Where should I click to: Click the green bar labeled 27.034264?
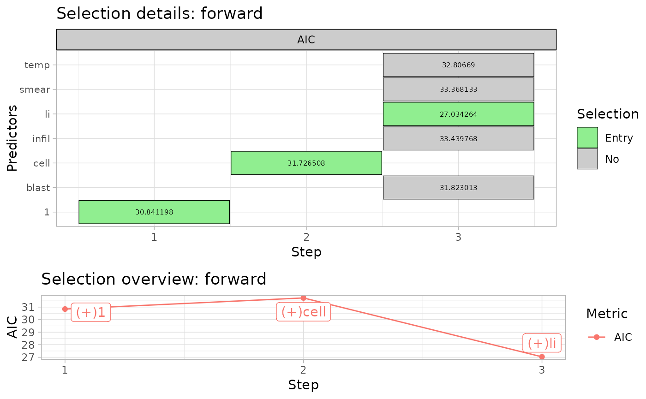(459, 114)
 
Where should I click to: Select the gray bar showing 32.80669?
(459, 65)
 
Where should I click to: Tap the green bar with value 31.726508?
(306, 163)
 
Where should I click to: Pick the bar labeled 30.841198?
(154, 212)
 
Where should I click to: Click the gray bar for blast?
(459, 187)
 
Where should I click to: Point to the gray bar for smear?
(459, 89)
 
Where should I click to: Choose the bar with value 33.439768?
(459, 138)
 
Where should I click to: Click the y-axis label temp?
(37, 65)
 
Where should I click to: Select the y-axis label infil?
(41, 139)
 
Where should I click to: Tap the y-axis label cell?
(42, 163)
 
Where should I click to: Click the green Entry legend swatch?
(587, 137)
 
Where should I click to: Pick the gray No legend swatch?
(587, 159)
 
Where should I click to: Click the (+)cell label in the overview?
(304, 312)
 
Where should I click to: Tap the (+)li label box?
(542, 343)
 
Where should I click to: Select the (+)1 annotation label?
(91, 312)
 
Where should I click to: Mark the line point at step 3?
(542, 357)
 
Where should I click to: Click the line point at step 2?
(304, 298)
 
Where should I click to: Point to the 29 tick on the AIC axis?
(28, 333)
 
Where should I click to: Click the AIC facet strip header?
(306, 40)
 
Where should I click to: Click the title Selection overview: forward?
(154, 279)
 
